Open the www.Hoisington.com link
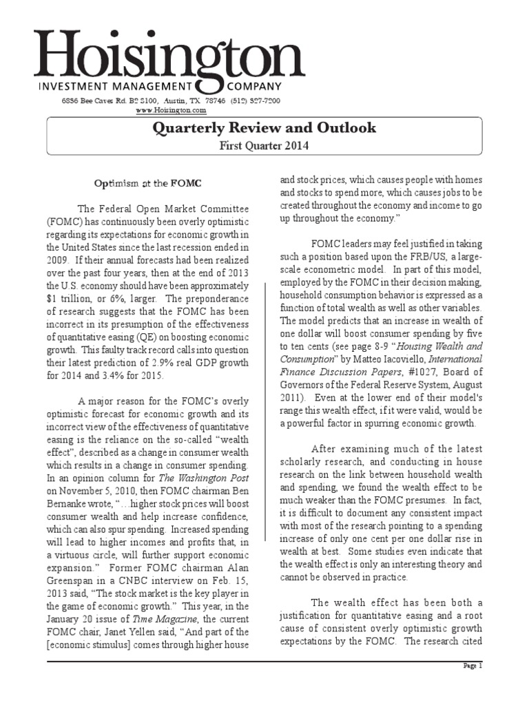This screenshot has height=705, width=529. point(171,110)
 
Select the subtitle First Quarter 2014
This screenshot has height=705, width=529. point(264,145)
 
